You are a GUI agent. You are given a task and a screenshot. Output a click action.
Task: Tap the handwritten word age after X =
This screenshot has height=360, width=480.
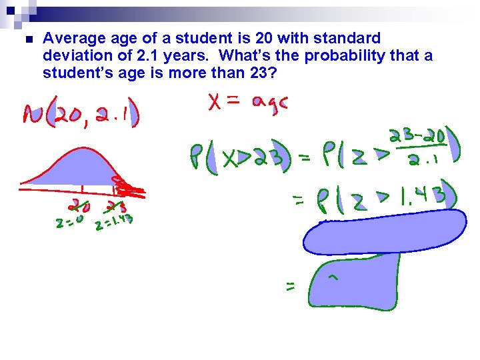click(270, 103)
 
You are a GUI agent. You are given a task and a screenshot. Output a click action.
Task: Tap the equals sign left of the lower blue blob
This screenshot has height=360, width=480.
click(291, 287)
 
